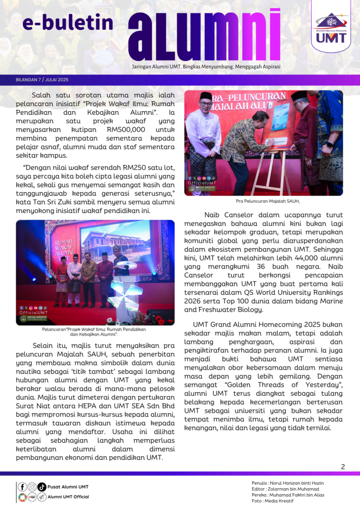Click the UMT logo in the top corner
coord(331,27)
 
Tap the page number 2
coord(343,466)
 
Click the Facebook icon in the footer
coord(22,487)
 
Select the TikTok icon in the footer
coord(42,487)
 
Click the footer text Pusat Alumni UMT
coord(68,487)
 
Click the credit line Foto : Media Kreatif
coord(272,501)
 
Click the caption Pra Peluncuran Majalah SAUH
coord(264,201)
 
